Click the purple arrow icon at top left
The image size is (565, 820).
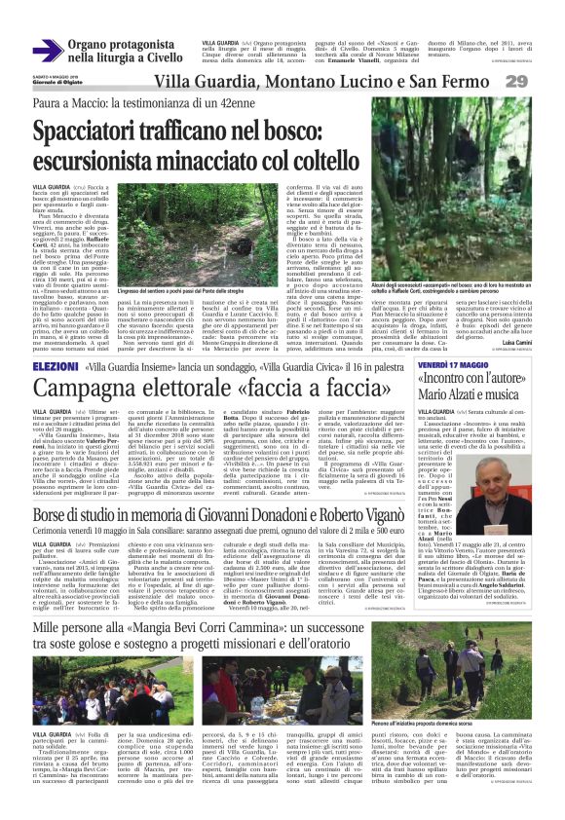pyautogui.click(x=47, y=50)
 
